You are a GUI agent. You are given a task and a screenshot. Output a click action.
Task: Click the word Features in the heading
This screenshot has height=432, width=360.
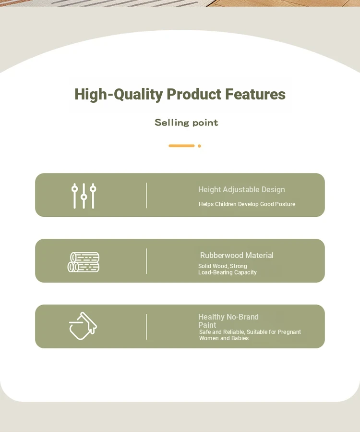(255, 94)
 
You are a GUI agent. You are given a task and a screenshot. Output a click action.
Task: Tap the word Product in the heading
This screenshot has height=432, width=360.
(194, 94)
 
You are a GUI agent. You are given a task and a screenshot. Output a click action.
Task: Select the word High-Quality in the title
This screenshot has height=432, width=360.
(119, 95)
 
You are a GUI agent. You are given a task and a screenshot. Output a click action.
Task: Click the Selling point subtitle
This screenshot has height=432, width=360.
(186, 123)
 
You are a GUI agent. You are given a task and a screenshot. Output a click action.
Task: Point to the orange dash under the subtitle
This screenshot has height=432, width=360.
(181, 146)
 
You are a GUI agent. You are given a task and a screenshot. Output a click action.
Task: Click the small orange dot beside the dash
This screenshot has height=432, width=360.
(199, 146)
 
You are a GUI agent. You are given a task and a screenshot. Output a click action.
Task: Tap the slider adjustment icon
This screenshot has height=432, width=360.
(84, 196)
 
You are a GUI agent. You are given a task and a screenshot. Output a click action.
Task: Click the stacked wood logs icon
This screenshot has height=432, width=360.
(84, 262)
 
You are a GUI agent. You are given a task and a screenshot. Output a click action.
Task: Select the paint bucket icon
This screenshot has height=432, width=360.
(83, 326)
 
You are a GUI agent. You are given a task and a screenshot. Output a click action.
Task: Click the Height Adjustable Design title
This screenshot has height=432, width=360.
(241, 189)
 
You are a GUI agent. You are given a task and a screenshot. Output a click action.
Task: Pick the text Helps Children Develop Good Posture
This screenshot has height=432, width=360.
(247, 204)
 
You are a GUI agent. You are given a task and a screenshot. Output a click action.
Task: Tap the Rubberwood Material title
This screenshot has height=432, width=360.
(237, 255)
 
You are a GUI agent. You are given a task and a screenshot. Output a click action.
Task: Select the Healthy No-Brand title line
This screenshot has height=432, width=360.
(228, 317)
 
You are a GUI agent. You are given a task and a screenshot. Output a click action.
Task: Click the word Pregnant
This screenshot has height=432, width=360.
(289, 332)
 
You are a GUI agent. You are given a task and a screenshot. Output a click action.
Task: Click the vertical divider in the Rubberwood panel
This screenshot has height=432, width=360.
(146, 261)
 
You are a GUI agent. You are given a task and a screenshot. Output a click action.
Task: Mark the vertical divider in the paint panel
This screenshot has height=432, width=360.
(146, 327)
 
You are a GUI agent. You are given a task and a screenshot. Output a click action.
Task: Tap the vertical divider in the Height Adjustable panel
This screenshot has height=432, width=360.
(146, 195)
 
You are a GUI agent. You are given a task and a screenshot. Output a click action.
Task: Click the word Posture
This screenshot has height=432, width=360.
(286, 204)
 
